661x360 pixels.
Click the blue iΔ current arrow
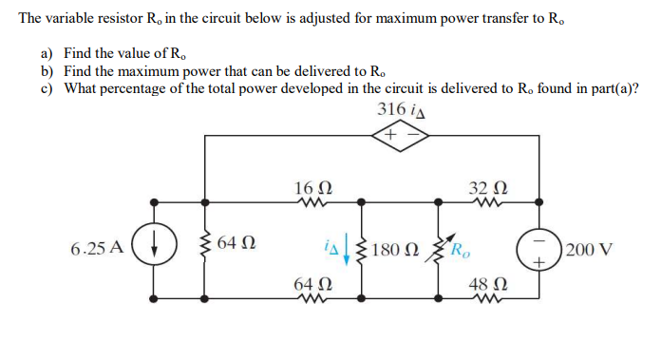tap(346, 251)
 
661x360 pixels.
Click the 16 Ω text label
tap(312, 185)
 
